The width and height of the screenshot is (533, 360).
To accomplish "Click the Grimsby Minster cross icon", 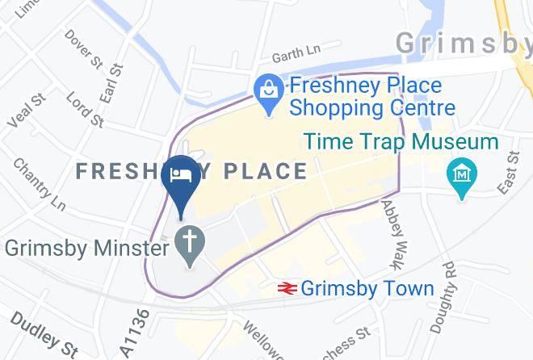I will point(191,242).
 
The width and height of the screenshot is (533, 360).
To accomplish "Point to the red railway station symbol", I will point(286,288).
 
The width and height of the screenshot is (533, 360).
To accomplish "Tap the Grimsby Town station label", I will point(367,288).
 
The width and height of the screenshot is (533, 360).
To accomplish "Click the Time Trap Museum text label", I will point(401,142).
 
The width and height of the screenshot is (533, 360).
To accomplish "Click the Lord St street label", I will point(85,109).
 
